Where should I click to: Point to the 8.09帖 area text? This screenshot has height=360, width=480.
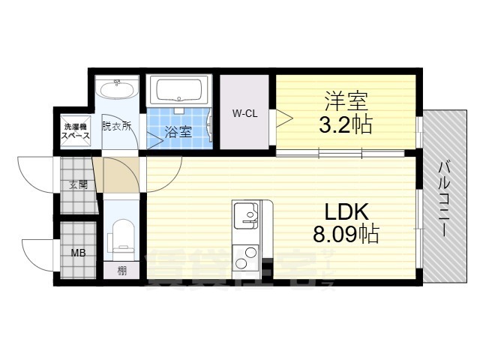[x=345, y=235]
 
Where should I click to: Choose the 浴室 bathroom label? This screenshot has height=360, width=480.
[x=178, y=132]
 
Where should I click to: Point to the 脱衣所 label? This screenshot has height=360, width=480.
[x=116, y=125]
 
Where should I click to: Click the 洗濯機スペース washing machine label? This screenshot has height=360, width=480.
[x=75, y=131]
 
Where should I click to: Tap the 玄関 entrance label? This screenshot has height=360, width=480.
[x=78, y=184]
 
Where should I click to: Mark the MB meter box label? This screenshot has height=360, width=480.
[x=78, y=253]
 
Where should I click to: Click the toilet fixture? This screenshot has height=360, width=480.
[x=121, y=235]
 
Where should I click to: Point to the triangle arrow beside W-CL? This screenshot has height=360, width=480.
[x=284, y=115]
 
